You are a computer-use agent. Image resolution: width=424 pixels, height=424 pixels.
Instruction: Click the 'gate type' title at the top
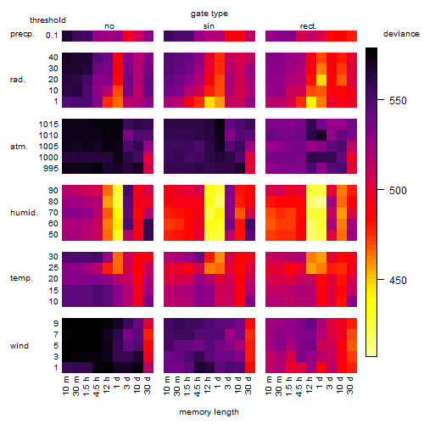(x=209, y=14)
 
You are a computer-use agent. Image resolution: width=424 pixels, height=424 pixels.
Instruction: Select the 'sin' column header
(x=209, y=26)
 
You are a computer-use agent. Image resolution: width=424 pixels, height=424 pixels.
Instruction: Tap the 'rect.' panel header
(x=308, y=26)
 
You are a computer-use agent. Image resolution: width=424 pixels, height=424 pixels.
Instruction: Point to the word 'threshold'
(x=47, y=20)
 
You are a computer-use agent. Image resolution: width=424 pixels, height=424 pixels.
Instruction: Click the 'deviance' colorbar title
(x=401, y=34)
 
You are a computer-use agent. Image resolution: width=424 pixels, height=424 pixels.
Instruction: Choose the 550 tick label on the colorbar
(x=398, y=101)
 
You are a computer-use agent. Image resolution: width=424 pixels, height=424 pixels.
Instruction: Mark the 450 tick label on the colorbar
(x=398, y=281)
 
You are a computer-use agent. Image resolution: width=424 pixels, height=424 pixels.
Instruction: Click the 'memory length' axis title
(x=209, y=412)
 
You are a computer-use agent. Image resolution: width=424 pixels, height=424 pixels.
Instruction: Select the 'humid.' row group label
(x=24, y=213)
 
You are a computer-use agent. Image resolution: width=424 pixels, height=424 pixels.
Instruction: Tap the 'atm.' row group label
(x=19, y=147)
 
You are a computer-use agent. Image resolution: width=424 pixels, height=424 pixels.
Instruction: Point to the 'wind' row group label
(x=20, y=345)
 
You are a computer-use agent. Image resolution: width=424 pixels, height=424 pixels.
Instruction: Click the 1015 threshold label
(x=48, y=125)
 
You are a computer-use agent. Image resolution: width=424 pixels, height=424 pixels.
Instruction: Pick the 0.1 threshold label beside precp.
(x=52, y=36)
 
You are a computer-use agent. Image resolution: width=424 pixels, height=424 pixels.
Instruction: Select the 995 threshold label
(x=51, y=169)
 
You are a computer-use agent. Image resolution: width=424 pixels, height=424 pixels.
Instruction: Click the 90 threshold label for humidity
(x=53, y=191)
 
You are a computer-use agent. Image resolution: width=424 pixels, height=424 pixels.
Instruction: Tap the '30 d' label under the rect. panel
(x=350, y=385)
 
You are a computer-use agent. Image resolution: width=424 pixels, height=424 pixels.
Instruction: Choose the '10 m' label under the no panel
(x=65, y=386)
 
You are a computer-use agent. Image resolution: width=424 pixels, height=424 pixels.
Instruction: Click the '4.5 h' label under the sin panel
(x=198, y=387)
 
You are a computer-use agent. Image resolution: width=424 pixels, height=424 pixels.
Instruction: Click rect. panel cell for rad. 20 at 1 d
(x=321, y=80)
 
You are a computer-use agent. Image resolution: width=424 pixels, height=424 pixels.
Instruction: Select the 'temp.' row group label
(x=21, y=278)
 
